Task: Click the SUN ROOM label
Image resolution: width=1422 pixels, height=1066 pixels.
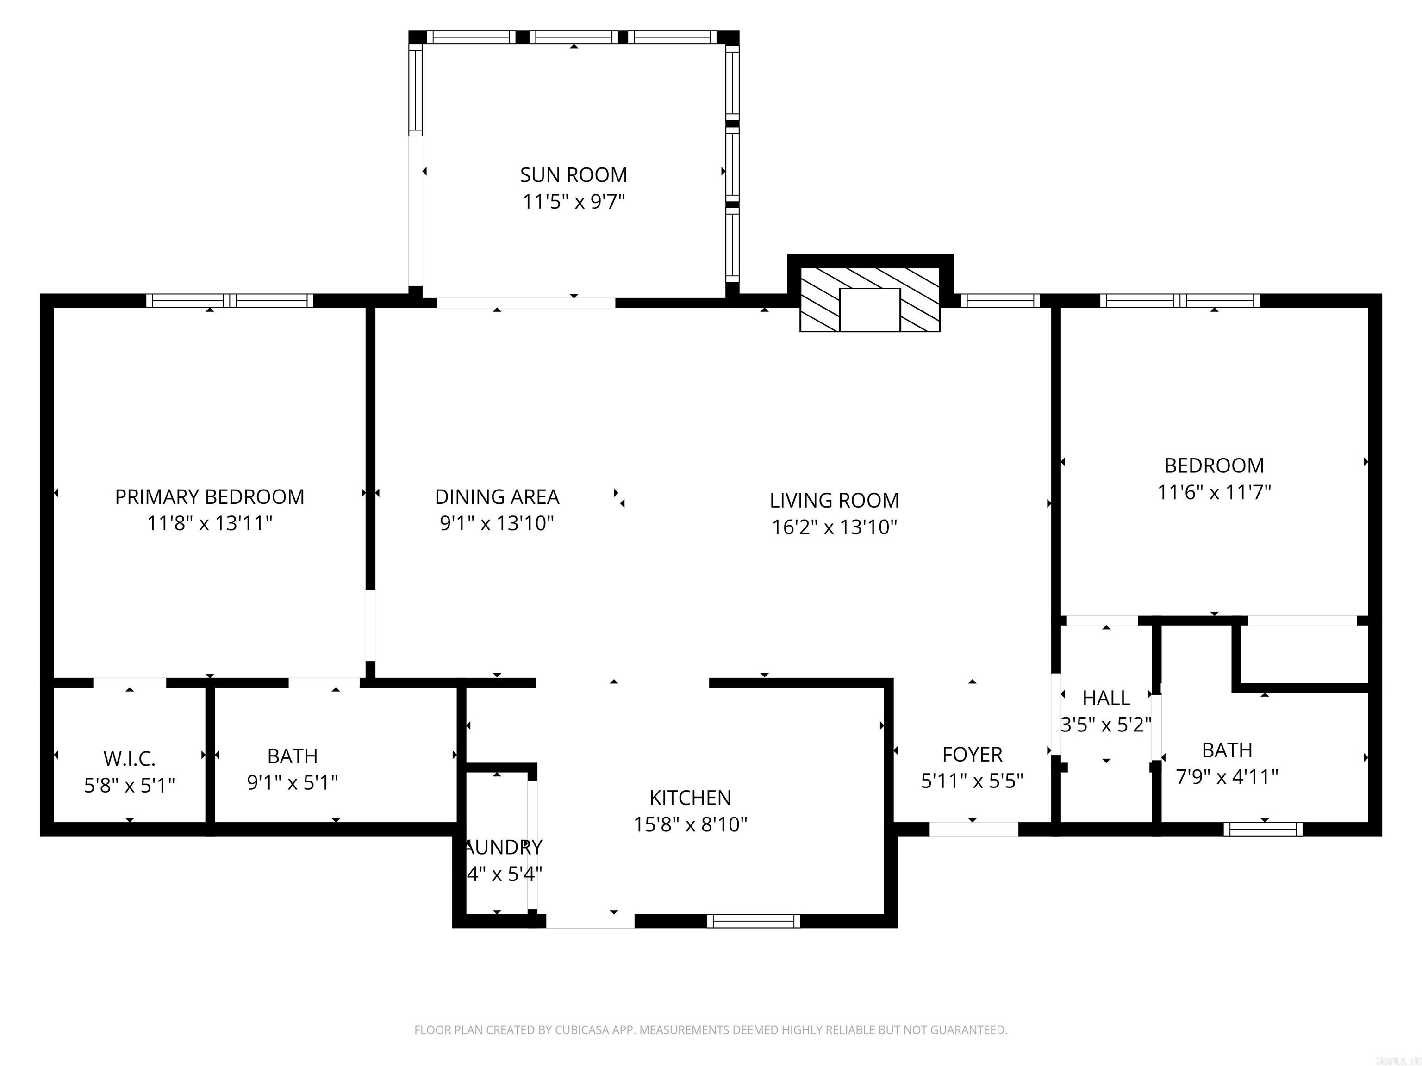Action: click(x=574, y=175)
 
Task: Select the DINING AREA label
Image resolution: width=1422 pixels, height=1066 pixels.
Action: click(x=497, y=497)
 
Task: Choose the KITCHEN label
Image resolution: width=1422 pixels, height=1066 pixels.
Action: click(x=690, y=797)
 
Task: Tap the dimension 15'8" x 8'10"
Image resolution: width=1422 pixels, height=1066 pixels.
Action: click(x=690, y=824)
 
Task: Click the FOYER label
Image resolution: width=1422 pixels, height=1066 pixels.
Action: click(x=972, y=754)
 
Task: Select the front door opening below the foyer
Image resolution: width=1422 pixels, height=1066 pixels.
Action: click(x=973, y=830)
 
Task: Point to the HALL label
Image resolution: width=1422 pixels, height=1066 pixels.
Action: click(x=1106, y=698)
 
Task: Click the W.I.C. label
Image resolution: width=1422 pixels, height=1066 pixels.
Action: click(x=129, y=759)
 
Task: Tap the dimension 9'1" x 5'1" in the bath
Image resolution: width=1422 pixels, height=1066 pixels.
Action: click(x=293, y=783)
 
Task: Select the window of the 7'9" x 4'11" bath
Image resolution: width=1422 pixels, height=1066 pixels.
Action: click(x=1263, y=830)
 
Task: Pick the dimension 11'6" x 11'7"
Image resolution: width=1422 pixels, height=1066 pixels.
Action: click(x=1214, y=492)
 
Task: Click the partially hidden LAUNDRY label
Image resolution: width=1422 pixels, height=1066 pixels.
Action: click(x=503, y=847)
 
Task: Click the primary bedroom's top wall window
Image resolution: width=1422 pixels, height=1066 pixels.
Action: click(x=230, y=301)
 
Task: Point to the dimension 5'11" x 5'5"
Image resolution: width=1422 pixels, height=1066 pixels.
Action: click(x=972, y=781)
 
